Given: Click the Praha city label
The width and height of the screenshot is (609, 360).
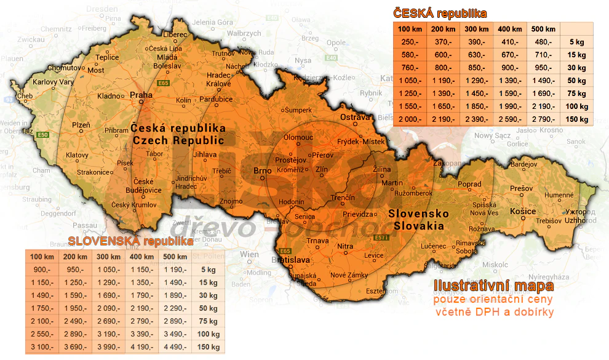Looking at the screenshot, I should coord(141,95).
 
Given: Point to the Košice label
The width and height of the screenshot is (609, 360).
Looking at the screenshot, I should coord(523,212).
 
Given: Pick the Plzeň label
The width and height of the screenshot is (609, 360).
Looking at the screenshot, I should coord(81,125).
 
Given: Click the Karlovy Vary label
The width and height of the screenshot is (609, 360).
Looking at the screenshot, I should coord(36,82).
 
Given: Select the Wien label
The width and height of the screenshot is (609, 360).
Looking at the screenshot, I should coord(250,254).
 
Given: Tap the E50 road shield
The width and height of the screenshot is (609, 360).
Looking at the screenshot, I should coord(42,135).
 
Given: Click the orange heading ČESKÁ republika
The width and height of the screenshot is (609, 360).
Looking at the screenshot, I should coord(440,13).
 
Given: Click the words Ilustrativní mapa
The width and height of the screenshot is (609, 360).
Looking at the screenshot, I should coord(493,286).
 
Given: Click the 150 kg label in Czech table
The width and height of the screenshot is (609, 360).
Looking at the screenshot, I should coord(576,119).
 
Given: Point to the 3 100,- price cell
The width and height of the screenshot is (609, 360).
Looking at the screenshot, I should coord(42,347).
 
